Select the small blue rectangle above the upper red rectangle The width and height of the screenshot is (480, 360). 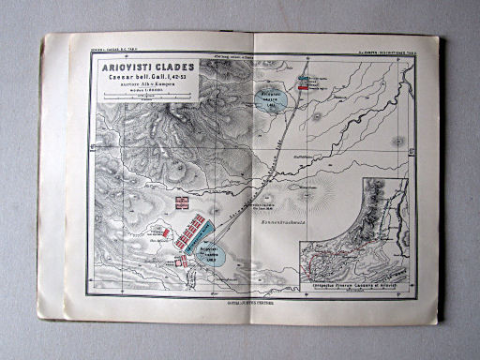pyautogui.click(x=303, y=79)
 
